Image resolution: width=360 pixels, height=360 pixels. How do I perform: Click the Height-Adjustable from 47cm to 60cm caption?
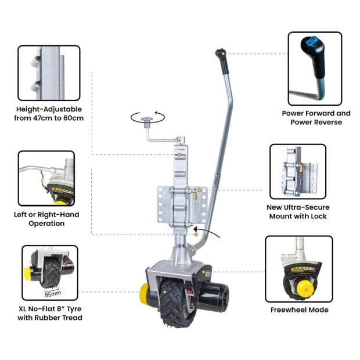49,113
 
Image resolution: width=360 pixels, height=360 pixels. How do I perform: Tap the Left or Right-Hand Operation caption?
49,219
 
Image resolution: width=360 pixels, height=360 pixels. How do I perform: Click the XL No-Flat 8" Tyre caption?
49,312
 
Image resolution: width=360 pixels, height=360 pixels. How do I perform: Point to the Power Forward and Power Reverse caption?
316,118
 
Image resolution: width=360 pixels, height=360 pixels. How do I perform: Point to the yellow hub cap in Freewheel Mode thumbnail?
303,286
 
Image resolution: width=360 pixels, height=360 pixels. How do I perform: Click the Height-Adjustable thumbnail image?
49,73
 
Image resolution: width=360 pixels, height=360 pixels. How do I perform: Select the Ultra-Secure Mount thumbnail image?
297,172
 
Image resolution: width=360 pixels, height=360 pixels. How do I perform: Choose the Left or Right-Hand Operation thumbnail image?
46,178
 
